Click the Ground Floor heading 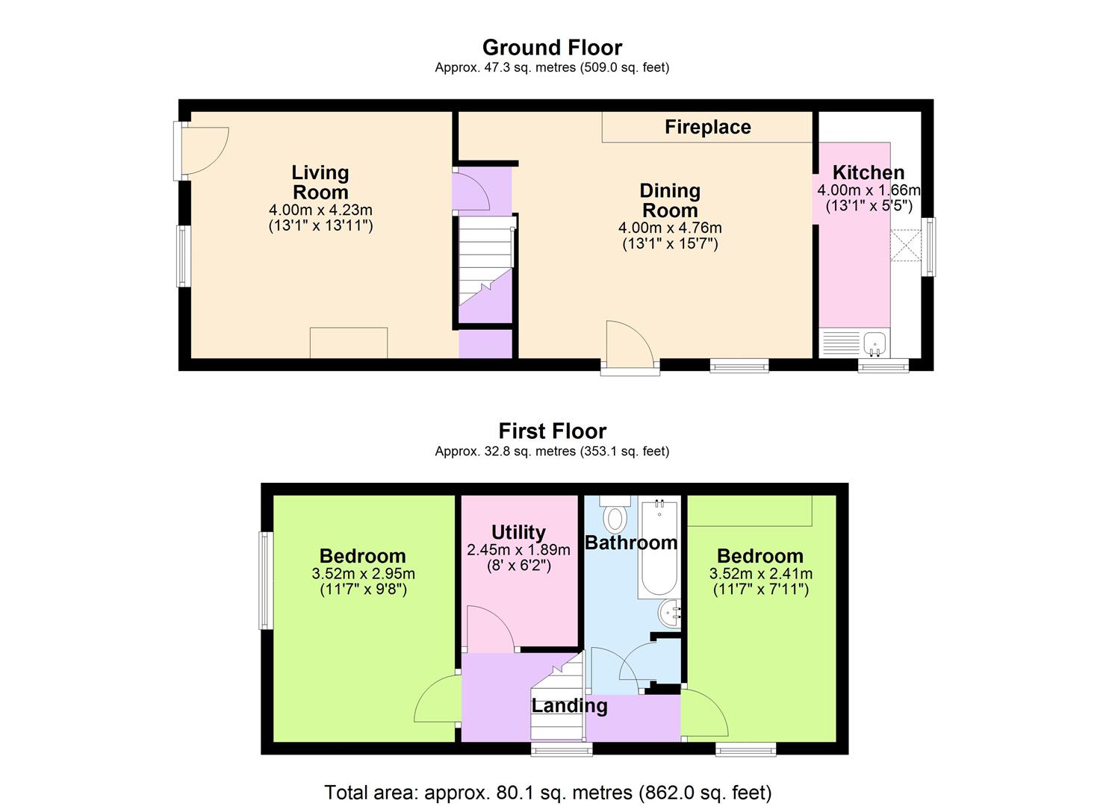552,48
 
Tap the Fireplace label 707,127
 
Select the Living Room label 320,182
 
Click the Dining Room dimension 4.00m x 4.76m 670,228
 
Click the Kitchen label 868,172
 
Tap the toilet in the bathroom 616,516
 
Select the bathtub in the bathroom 658,549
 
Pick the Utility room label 518,532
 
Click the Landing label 569,705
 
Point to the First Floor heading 552,431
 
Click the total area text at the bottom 547,792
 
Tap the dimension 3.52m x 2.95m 363,574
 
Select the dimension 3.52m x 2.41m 760,574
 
